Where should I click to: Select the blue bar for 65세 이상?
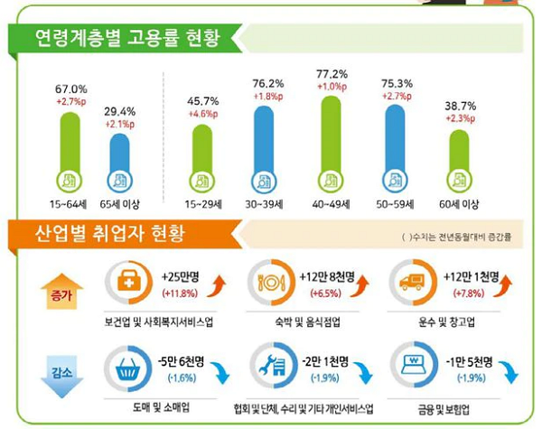point(119,154)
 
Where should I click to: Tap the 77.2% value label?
point(332,74)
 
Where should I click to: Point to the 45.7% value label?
point(203,101)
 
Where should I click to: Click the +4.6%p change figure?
point(203,114)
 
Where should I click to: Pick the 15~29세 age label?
point(203,204)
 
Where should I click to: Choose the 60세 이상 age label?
point(459,204)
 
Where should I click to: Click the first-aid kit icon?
point(129,282)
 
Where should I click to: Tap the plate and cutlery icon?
point(271,283)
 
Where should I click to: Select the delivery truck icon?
point(412,282)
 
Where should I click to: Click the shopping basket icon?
point(128,368)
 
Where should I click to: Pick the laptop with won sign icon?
point(414,365)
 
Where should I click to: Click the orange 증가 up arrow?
point(61,291)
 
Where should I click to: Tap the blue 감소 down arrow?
point(61,378)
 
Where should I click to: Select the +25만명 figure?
point(180,277)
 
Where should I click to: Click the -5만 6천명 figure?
point(181,361)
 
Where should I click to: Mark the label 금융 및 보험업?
point(444,410)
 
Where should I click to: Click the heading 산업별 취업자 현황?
point(109,233)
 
